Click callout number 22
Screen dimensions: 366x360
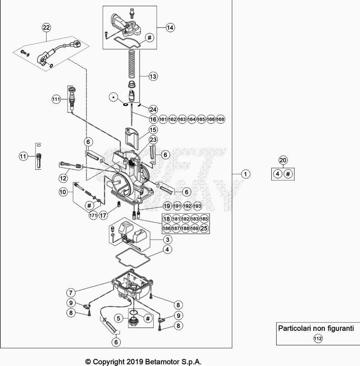[46, 28]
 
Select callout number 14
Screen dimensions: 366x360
[170, 27]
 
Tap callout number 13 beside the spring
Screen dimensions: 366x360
[152, 76]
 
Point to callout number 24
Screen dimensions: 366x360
[153, 109]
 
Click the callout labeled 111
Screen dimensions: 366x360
[56, 99]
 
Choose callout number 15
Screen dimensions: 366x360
[152, 129]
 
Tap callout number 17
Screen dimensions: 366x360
[104, 215]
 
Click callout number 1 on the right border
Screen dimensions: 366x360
[246, 174]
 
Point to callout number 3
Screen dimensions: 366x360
[168, 240]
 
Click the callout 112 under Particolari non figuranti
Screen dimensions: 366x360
[317, 339]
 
